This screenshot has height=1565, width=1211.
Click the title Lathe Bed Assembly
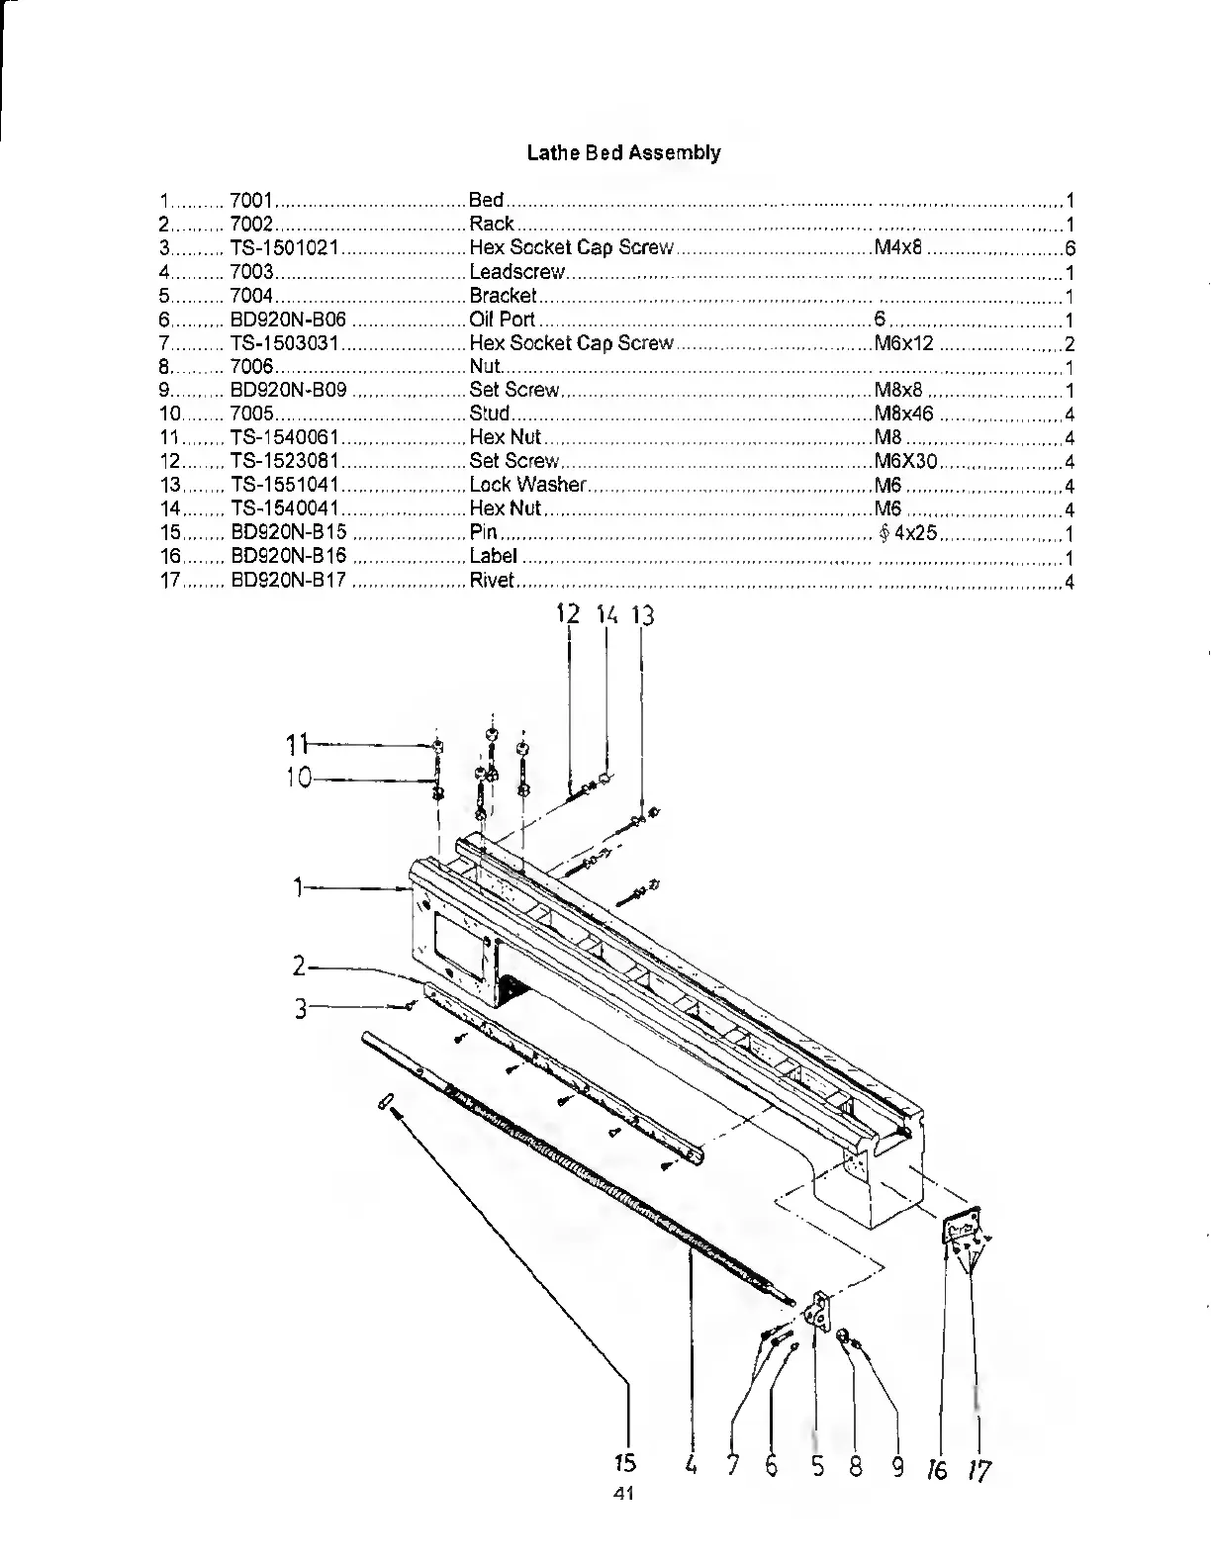point(623,153)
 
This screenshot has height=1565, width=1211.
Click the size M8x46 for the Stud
point(903,414)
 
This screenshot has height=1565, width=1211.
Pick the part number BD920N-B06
point(288,320)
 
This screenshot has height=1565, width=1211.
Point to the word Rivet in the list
point(491,581)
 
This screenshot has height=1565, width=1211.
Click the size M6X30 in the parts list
point(906,462)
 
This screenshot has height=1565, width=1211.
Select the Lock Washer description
point(527,486)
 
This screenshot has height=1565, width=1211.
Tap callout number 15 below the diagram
point(624,1463)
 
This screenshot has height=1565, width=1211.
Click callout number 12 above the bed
point(568,614)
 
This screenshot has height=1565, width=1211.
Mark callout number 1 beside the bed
point(297,888)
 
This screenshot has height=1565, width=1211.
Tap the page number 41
point(622,1494)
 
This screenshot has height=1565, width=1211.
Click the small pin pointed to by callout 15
point(388,1102)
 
